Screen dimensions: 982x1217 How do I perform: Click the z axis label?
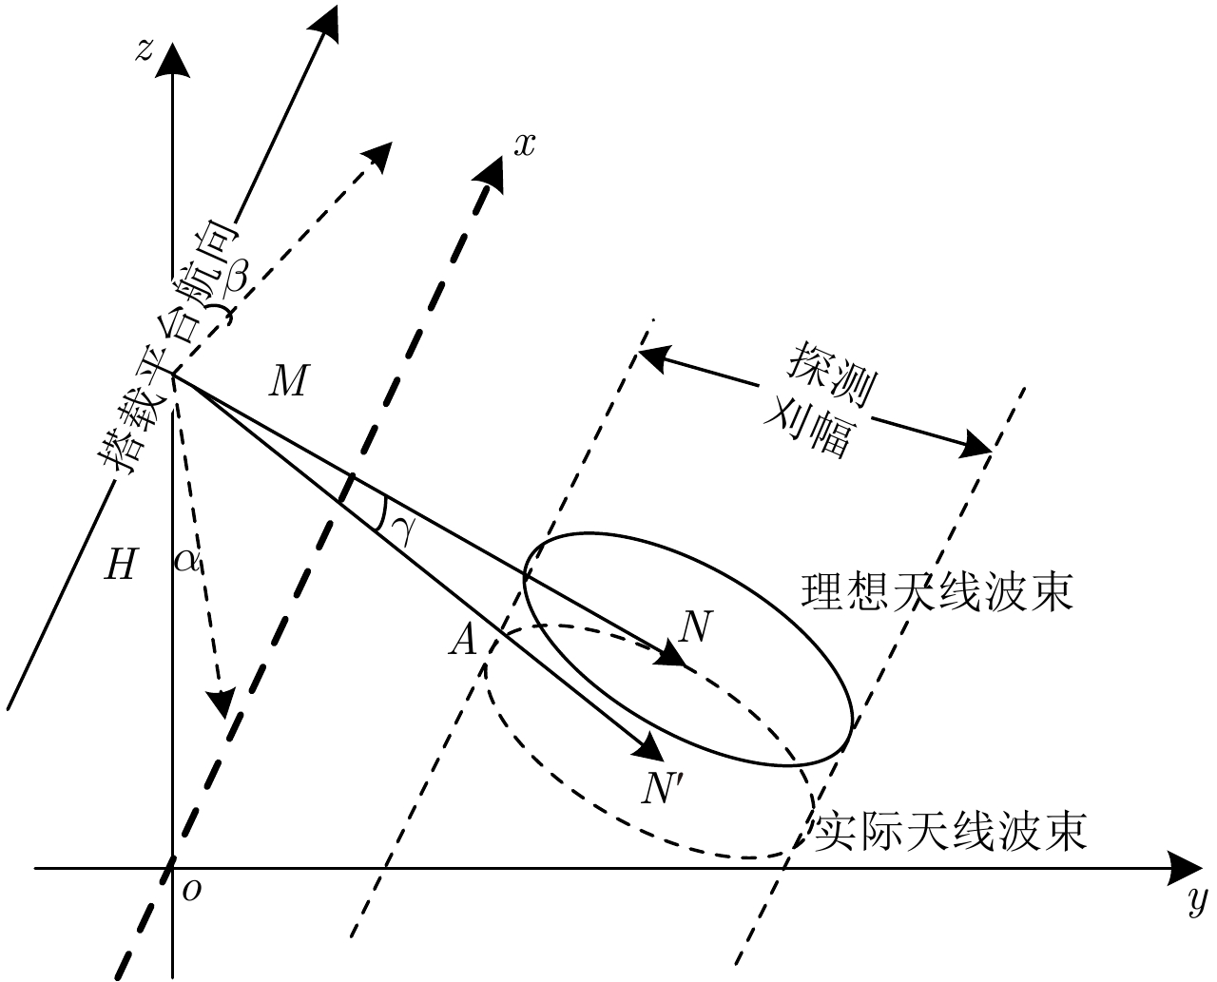(144, 49)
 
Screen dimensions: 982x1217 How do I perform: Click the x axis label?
(525, 144)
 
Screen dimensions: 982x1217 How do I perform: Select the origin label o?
(193, 890)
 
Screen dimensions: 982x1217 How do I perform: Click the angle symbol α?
(186, 561)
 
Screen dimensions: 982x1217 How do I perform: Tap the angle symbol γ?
(403, 530)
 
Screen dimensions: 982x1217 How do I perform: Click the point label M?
(287, 383)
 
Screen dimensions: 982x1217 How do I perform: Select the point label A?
(463, 643)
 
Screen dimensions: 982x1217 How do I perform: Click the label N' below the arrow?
(662, 788)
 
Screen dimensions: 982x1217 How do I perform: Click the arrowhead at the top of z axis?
(172, 58)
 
